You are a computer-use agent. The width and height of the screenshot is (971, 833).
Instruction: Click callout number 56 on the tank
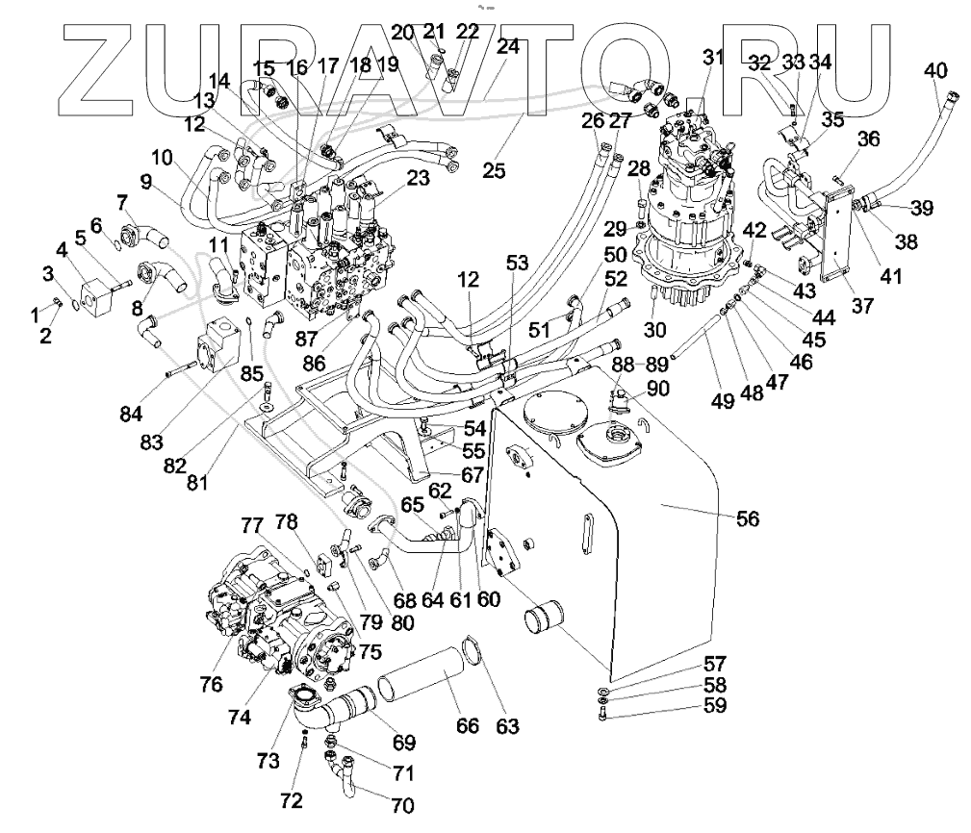[748, 518]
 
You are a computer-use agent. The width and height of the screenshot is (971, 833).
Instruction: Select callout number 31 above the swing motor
[713, 57]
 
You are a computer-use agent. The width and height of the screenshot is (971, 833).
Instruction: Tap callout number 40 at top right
[935, 70]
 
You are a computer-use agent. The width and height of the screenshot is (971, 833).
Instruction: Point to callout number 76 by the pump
[211, 684]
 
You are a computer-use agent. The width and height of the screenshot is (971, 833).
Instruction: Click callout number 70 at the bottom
[402, 805]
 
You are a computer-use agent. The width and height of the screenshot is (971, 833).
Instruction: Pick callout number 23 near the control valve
[418, 178]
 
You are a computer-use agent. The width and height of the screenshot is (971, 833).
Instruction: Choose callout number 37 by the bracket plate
[862, 305]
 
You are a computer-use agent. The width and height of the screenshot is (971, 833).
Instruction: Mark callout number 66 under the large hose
[468, 725]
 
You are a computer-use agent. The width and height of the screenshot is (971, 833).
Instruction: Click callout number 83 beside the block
[151, 442]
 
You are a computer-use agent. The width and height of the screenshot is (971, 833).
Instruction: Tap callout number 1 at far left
[35, 316]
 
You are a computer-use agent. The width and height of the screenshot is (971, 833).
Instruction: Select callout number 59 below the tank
[715, 705]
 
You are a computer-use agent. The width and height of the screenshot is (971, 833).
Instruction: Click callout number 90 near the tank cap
[657, 389]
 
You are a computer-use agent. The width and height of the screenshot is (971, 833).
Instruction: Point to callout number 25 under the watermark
[495, 171]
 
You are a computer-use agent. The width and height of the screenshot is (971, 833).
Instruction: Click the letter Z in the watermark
[105, 71]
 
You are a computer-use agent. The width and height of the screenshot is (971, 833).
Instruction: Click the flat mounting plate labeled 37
[834, 239]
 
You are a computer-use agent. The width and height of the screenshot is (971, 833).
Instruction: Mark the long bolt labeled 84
[182, 368]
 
